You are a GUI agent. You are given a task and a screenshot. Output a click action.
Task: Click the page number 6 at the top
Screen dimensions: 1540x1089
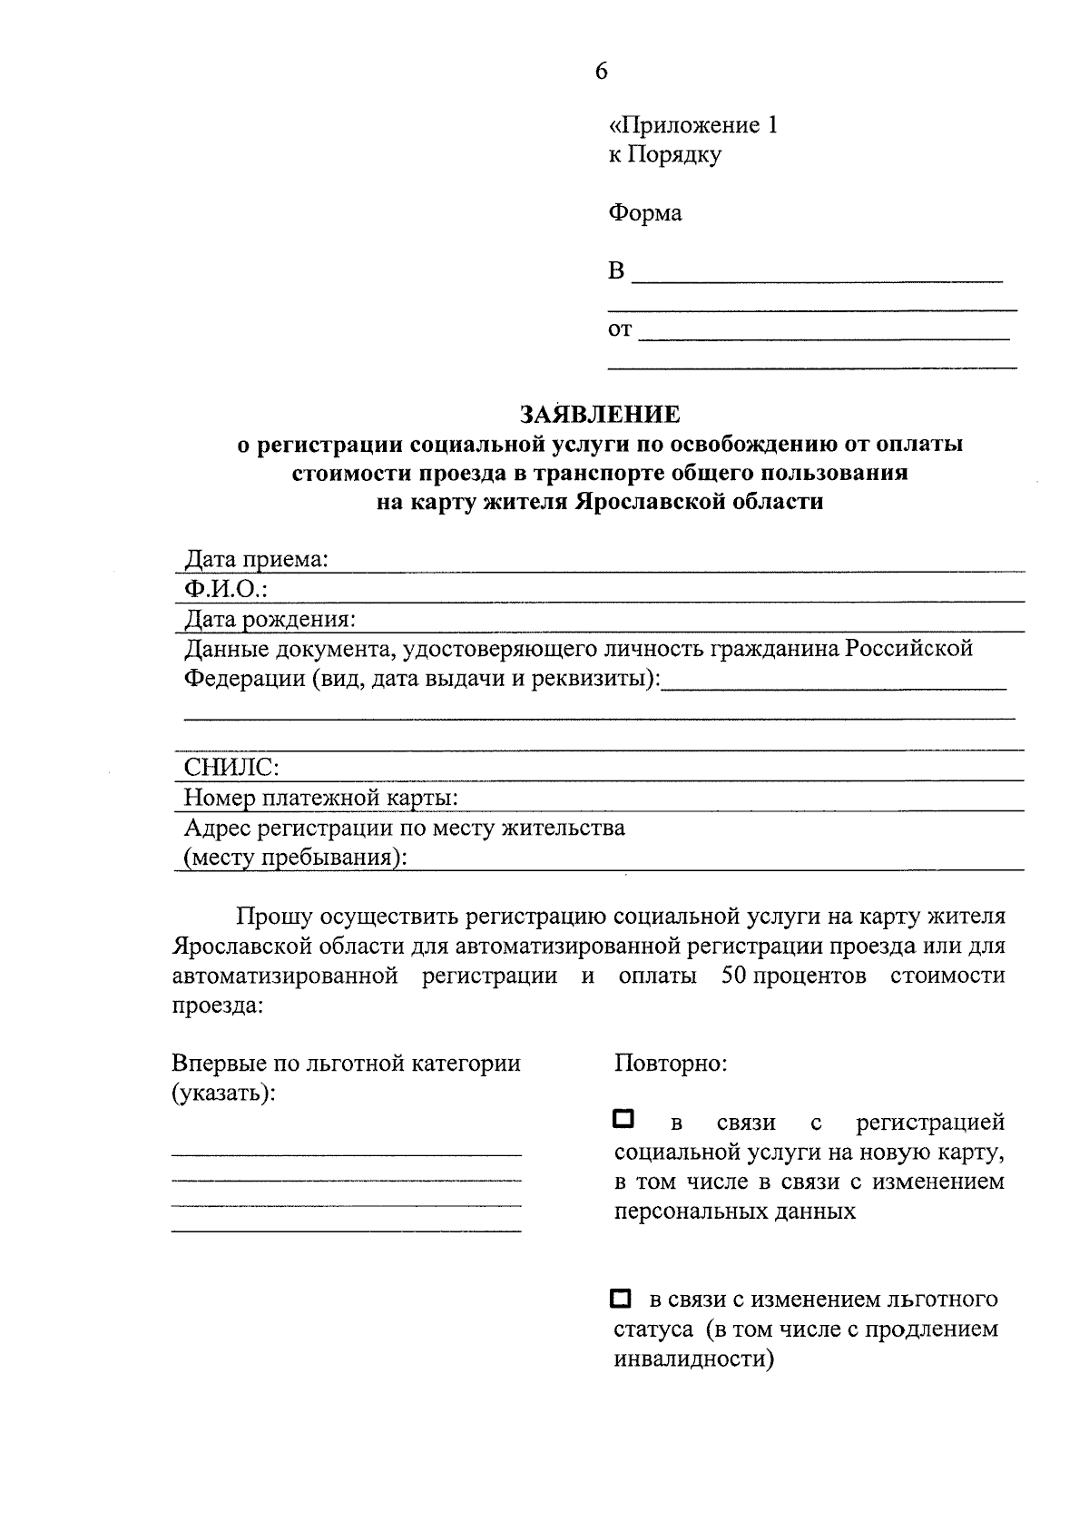click(x=601, y=72)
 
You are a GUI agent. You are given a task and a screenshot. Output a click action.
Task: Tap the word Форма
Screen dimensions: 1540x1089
click(x=644, y=213)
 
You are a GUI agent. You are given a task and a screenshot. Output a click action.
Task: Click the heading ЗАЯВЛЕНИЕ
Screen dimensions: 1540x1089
click(x=599, y=415)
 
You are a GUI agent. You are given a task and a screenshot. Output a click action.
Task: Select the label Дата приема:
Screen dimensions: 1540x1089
click(x=257, y=560)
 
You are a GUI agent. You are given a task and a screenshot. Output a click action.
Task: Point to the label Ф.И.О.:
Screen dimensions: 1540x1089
click(x=226, y=590)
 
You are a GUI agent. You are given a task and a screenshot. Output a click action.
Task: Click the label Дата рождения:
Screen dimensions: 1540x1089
click(x=270, y=620)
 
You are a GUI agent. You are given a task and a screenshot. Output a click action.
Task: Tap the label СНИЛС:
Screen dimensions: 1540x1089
click(x=231, y=768)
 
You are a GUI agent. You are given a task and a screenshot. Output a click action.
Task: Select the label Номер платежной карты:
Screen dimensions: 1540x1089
click(x=320, y=798)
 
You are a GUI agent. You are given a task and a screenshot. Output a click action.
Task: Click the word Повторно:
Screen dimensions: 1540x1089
click(x=671, y=1063)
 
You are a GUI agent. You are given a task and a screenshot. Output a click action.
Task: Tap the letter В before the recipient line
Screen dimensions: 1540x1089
click(x=616, y=271)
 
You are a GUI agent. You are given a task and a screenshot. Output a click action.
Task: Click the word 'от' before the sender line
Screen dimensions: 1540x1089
click(x=619, y=329)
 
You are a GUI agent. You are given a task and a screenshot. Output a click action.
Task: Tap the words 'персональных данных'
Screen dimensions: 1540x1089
click(x=734, y=1211)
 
